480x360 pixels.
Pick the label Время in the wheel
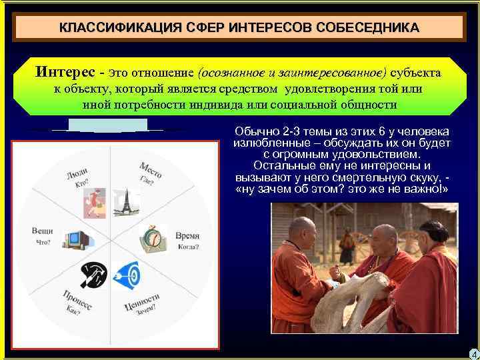[187, 236]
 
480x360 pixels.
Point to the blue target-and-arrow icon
[127, 274]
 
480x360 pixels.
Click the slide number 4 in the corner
[473, 353]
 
